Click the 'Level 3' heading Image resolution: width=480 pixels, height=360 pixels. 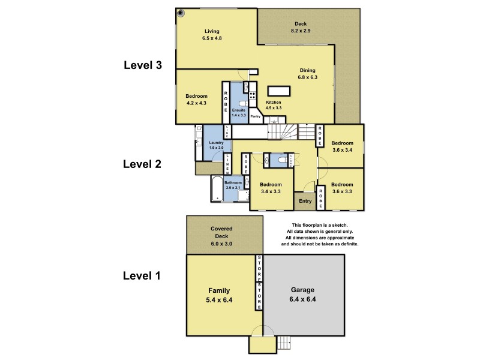coord(142,65)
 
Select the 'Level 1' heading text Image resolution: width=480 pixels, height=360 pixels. coord(142,276)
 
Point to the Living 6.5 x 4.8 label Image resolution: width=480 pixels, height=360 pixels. coord(212,35)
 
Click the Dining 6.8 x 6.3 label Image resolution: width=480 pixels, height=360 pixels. coord(308,74)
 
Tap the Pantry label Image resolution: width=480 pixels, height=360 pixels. coord(255,116)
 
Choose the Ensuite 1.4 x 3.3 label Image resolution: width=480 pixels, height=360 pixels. coord(239,112)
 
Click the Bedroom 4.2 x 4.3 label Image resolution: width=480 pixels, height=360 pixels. coord(196,100)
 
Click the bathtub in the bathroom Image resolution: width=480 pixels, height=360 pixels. coord(217,188)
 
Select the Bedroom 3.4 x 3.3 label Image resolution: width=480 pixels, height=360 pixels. coord(271,188)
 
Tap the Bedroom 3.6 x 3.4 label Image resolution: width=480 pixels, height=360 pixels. coord(343,146)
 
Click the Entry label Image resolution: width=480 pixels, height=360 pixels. coord(305,201)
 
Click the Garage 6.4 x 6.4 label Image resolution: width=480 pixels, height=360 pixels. coord(304,294)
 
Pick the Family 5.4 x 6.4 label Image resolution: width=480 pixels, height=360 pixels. coord(219,295)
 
